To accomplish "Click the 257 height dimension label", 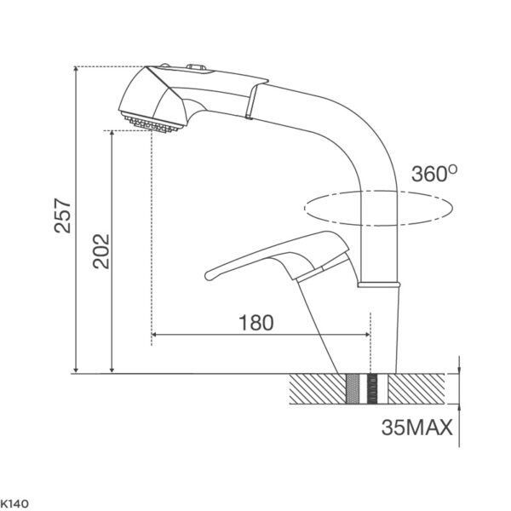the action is [x=62, y=215].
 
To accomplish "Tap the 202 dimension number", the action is [x=100, y=251].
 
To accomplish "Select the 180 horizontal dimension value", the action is [x=256, y=323].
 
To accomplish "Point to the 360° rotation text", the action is [x=434, y=174].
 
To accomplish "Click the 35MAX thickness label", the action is [x=417, y=428].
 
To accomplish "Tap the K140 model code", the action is [x=14, y=504].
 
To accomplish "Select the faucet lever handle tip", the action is [x=209, y=276].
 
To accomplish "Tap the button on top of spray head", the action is [x=196, y=67].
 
